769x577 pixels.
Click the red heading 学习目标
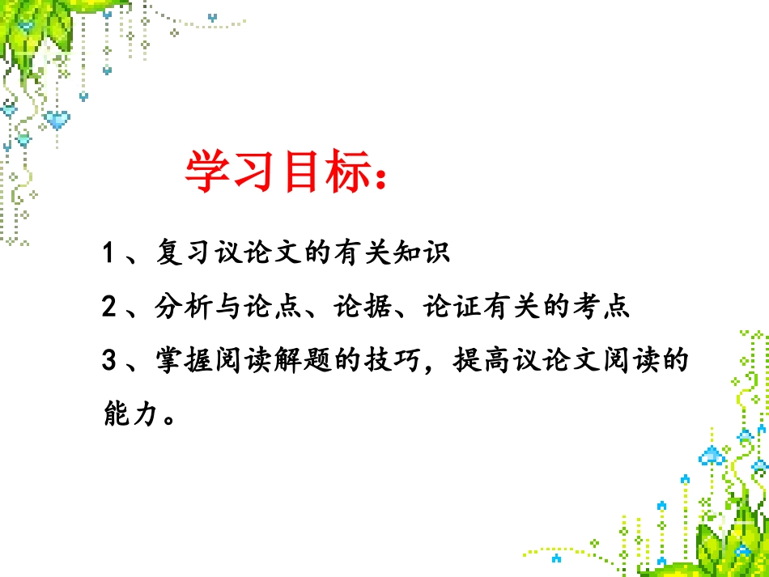(271, 172)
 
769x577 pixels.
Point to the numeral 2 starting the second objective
(110, 307)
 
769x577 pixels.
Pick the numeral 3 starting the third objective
(110, 360)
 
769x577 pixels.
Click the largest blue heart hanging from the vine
(56, 121)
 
